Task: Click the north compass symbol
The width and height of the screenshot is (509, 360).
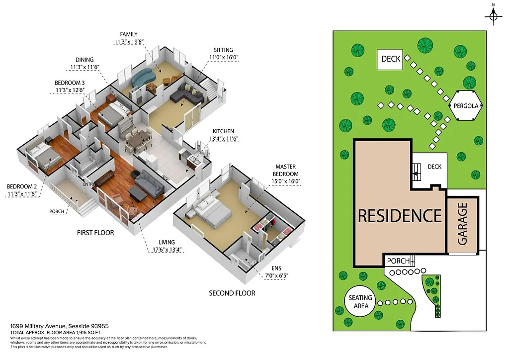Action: [493, 16]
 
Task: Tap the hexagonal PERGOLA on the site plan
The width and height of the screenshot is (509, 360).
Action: [466, 106]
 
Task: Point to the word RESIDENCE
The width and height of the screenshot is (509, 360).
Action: [400, 216]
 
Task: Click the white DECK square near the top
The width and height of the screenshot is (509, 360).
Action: [390, 59]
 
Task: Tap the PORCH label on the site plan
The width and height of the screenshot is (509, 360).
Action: [398, 261]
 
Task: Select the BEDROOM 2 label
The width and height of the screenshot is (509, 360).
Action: [22, 190]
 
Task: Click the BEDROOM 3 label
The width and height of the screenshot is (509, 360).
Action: [70, 87]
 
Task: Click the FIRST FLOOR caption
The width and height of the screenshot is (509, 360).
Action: [95, 232]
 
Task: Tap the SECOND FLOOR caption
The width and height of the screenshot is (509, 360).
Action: [232, 293]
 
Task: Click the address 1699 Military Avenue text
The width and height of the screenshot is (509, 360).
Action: [60, 326]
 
